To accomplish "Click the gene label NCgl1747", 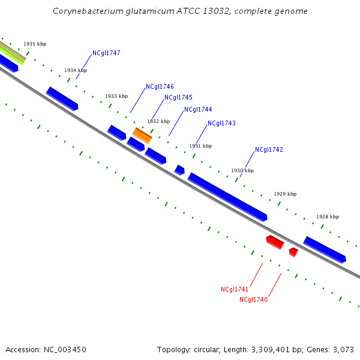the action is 106,53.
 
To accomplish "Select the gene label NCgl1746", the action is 160,86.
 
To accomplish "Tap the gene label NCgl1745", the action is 178,97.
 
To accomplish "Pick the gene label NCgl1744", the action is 198,109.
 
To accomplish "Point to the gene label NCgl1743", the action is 221,123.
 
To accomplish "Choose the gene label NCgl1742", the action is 269,149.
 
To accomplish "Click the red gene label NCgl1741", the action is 235,289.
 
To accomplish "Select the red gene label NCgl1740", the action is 253,299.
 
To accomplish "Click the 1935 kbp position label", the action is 35,44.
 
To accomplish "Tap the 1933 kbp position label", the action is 116,96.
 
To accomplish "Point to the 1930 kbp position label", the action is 242,170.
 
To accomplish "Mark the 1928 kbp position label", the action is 328,217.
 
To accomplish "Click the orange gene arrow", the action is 142,136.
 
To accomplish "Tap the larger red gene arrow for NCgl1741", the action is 275,242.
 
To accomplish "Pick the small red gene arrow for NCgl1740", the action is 293,251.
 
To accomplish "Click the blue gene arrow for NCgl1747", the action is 62,98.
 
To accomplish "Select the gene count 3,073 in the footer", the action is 344,349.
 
